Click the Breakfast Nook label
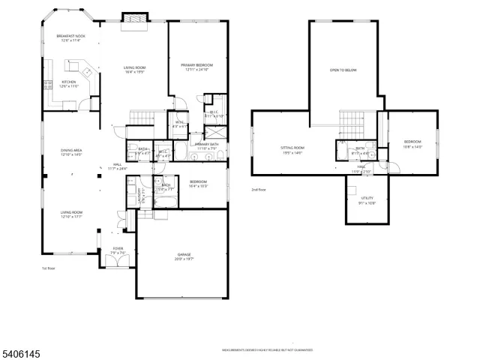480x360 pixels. [70, 36]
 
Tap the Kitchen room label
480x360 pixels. [69, 83]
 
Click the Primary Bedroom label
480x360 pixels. [197, 66]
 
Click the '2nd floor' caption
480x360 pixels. [259, 190]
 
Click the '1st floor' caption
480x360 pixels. [48, 268]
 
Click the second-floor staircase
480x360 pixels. [351, 122]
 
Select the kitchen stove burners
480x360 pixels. [46, 83]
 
